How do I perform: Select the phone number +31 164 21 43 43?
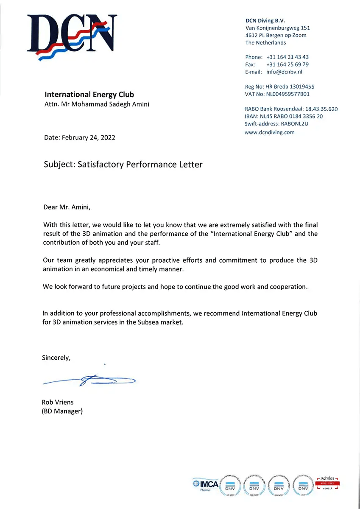(x=287, y=57)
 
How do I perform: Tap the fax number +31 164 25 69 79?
(x=287, y=64)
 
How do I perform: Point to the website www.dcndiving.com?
(x=270, y=132)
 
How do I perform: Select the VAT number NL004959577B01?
(x=287, y=94)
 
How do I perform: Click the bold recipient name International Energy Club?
(x=89, y=95)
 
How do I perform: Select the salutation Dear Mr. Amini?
(x=67, y=207)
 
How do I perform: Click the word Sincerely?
(x=56, y=358)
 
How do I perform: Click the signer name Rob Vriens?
(x=58, y=402)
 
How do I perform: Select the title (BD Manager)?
(x=62, y=411)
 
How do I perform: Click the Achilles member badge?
(x=328, y=484)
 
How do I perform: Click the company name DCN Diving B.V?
(x=265, y=20)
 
